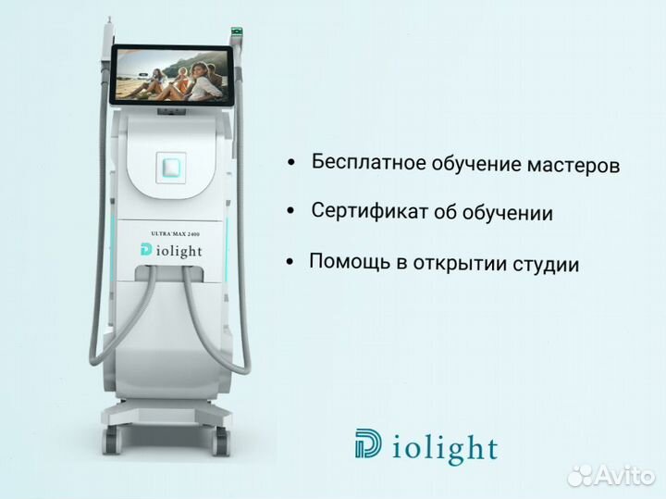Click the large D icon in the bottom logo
366,443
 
